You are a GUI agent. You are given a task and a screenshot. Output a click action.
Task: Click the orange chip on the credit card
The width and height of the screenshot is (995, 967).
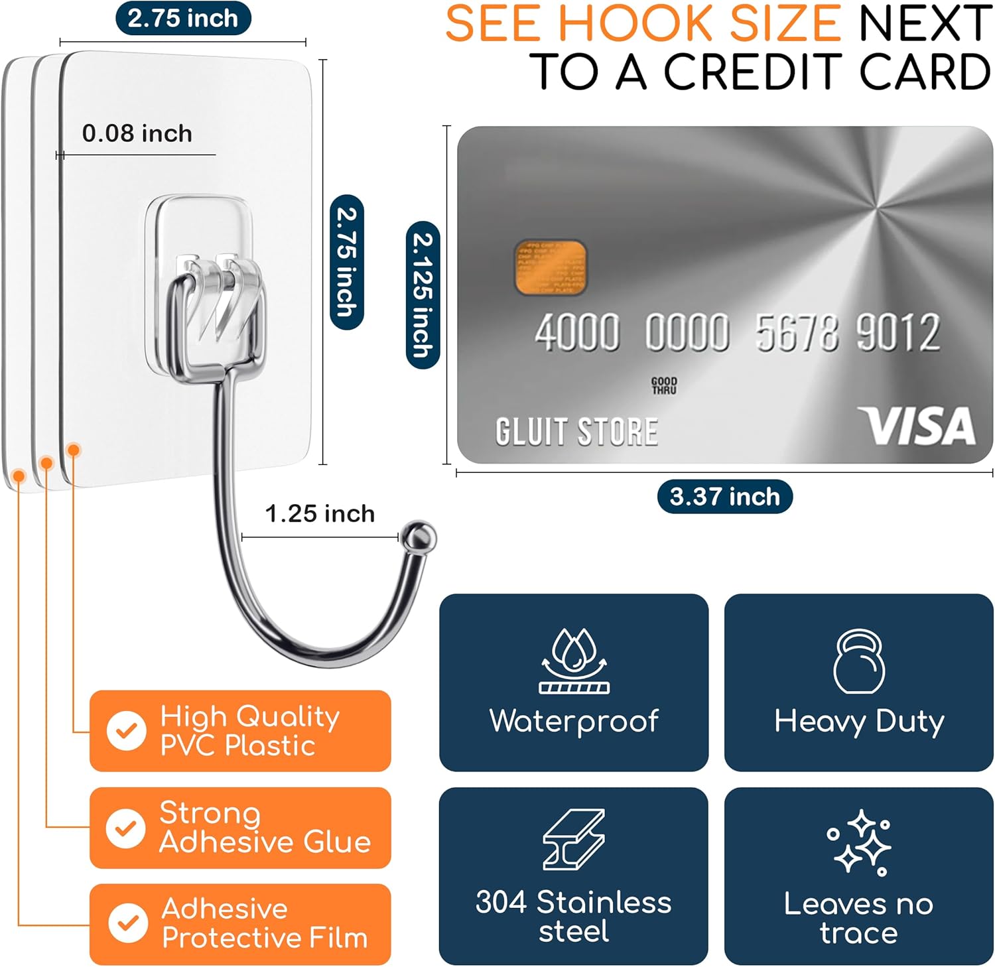click(550, 267)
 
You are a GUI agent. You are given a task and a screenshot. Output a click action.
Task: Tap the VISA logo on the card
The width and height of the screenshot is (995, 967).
click(917, 426)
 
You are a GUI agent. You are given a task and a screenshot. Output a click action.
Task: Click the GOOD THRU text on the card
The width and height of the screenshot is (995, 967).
click(664, 385)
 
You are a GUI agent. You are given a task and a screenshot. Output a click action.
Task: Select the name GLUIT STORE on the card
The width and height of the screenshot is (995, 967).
click(576, 431)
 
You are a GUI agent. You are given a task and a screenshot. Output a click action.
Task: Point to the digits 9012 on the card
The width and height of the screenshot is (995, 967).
click(897, 332)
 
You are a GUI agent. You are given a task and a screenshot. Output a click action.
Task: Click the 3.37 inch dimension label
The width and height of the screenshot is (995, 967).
click(724, 496)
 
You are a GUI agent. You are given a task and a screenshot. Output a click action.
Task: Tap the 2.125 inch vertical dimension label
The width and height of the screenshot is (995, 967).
click(423, 294)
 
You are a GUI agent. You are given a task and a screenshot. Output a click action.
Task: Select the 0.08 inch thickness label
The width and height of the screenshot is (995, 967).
click(137, 133)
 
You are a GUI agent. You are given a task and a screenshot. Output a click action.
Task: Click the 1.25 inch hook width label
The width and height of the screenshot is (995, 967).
click(320, 513)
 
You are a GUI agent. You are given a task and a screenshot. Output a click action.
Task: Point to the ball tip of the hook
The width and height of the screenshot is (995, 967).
click(419, 536)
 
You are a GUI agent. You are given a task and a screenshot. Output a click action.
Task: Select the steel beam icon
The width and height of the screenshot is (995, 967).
click(574, 839)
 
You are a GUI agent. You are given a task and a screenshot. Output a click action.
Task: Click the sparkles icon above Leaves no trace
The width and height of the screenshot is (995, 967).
click(860, 842)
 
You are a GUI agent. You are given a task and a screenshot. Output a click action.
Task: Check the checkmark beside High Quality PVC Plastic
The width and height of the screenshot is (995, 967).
click(127, 731)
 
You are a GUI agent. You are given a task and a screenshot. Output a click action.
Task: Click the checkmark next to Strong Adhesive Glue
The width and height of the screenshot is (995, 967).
click(126, 828)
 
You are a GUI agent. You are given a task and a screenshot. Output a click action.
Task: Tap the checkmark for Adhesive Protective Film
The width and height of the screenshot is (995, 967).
click(127, 923)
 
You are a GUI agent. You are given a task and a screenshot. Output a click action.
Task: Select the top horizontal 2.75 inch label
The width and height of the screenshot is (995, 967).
click(183, 18)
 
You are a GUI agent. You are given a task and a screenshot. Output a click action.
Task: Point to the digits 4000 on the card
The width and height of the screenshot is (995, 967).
click(577, 332)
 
